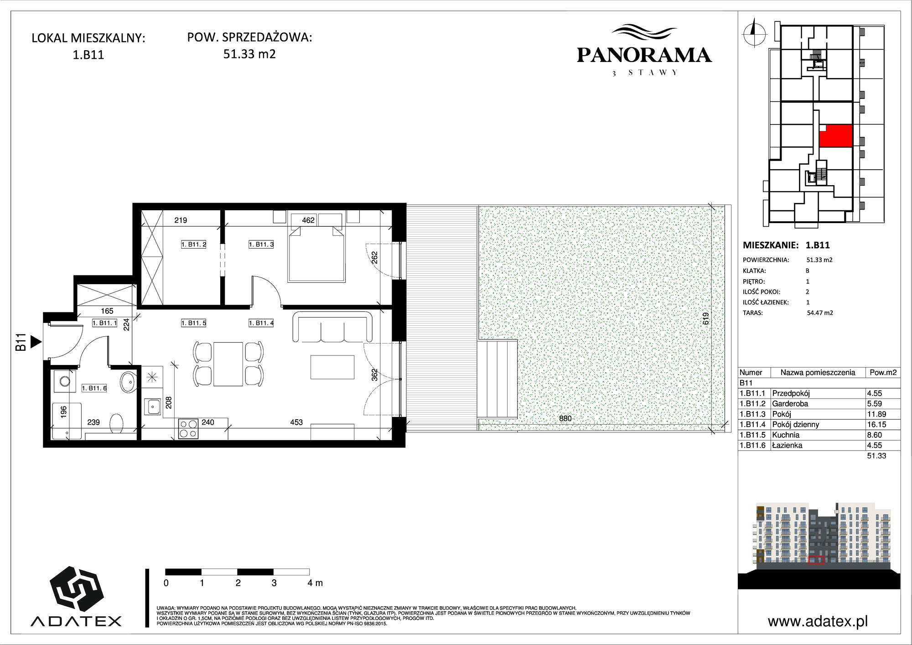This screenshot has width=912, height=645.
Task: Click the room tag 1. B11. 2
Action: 194,244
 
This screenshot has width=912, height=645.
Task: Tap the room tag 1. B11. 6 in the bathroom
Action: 94,388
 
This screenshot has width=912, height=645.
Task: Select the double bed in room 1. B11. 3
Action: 315,248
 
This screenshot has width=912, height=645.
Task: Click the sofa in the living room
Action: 332,326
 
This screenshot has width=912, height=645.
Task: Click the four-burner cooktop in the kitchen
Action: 188,429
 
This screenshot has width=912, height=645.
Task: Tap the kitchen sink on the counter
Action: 151,406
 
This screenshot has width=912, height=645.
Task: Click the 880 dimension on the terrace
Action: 565,418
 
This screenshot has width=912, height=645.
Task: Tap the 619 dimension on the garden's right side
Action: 706,318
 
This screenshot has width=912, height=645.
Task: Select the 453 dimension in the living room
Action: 296,422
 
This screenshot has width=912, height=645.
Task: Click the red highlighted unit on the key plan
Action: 835,136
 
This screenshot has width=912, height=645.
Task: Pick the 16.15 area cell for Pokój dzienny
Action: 875,424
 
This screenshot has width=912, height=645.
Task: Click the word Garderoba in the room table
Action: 790,404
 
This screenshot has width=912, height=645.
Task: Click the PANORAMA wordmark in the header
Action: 644,55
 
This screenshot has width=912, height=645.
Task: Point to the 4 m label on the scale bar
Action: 315,583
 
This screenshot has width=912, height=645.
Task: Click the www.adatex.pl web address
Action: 818,621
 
